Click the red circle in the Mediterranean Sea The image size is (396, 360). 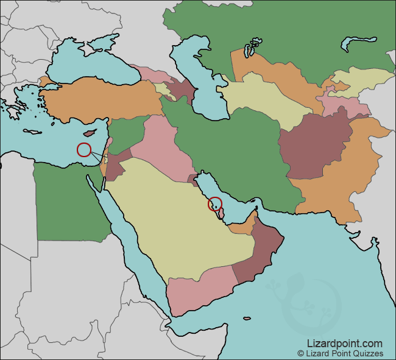pos(84,149)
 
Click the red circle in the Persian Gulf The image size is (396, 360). pos(215,204)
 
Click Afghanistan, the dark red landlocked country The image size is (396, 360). pos(311,146)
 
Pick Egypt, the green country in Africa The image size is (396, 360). pos(67,201)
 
